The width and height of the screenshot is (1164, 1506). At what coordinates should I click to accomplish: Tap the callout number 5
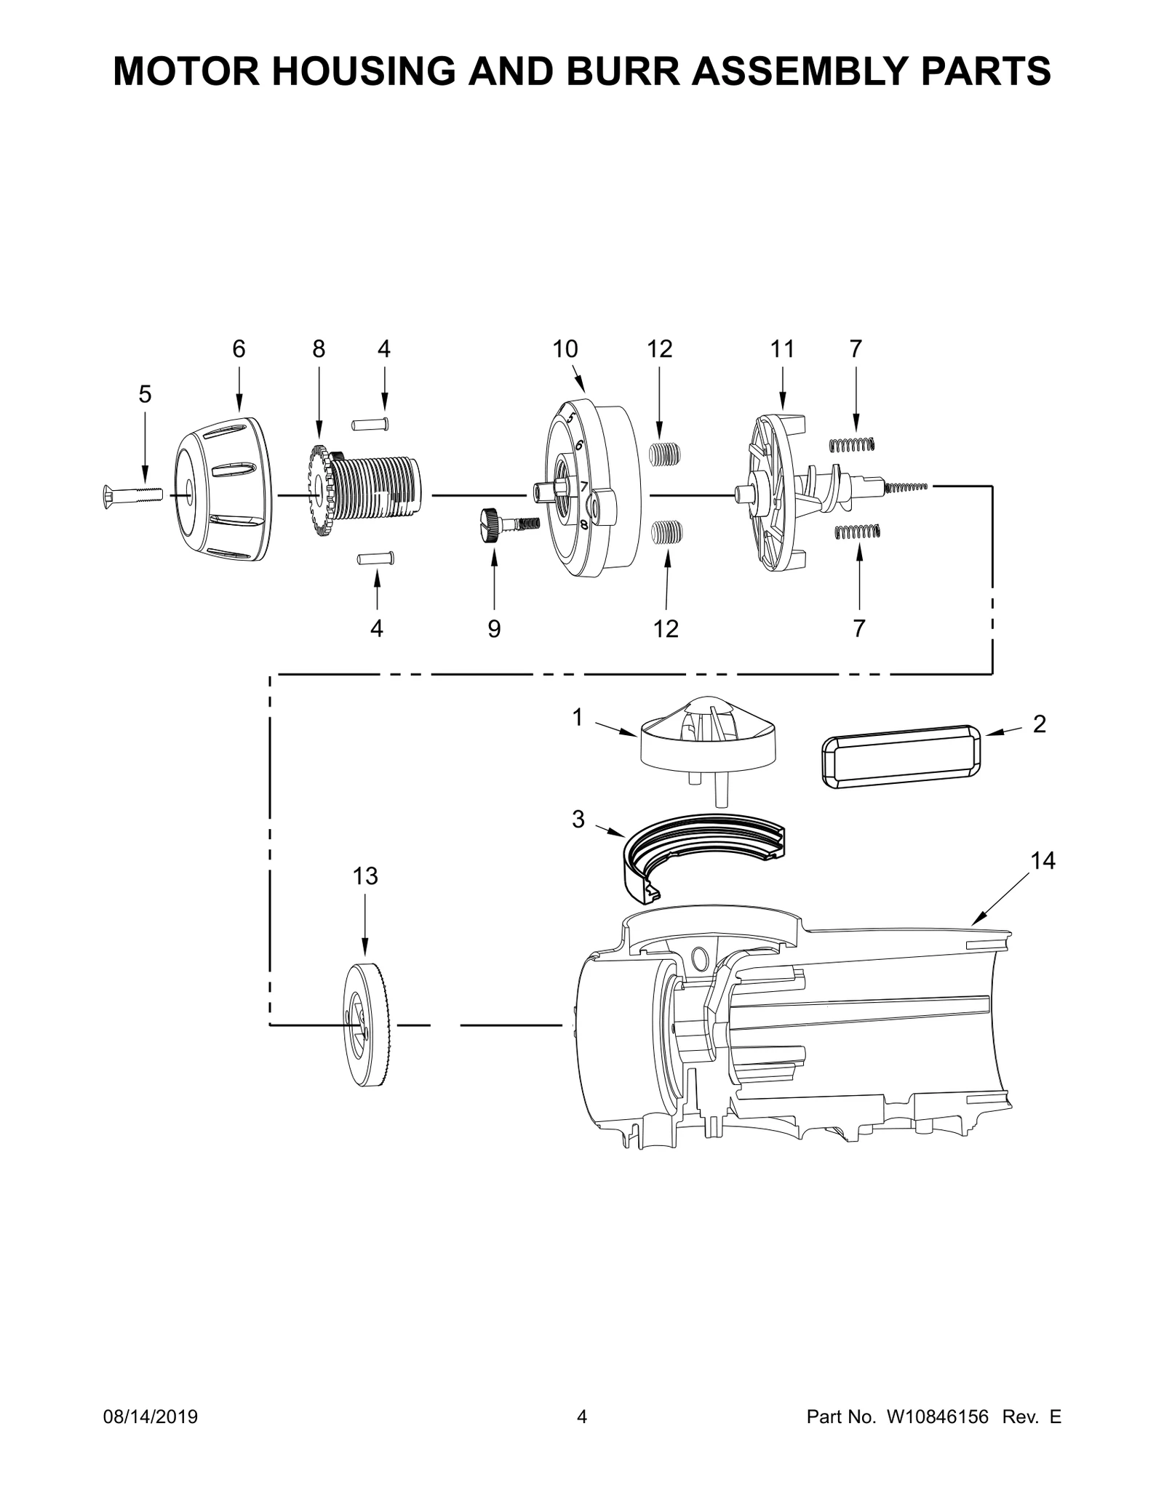145,395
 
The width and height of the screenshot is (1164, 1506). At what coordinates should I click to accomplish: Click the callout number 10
565,349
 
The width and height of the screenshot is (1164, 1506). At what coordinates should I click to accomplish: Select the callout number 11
782,349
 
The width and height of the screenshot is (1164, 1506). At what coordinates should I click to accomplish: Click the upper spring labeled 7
853,444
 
